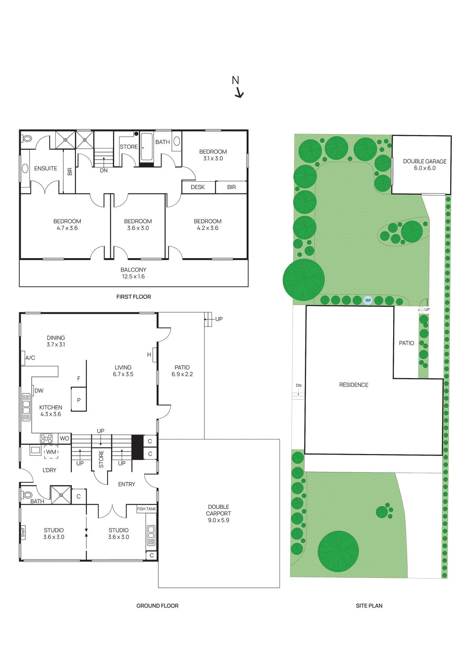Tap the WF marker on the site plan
point(368,300)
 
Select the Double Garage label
point(424,165)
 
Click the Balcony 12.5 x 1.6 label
point(133,273)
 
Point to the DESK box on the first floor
point(198,187)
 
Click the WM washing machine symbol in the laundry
point(51,452)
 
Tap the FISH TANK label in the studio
point(147,509)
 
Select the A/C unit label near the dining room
point(30,358)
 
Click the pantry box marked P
point(79,400)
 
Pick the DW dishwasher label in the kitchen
point(39,391)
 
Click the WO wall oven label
point(64,439)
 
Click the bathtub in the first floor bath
point(147,147)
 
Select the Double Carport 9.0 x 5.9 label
point(219,514)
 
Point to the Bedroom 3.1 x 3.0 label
point(213,155)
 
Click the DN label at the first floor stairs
point(104,171)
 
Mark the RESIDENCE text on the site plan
point(354,385)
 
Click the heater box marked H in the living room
point(149,355)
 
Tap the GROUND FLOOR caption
point(157,606)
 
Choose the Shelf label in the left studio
point(23,532)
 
